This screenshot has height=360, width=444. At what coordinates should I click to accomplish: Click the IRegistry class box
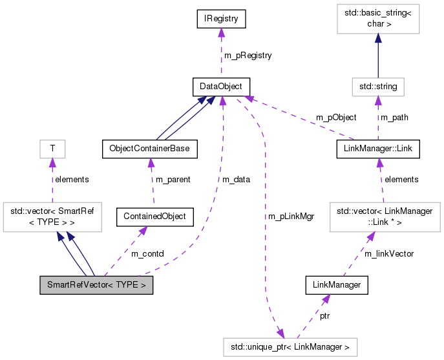coord(221,19)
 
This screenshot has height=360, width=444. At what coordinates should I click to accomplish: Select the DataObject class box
coord(221,85)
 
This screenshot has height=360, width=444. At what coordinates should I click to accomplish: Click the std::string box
coord(378,85)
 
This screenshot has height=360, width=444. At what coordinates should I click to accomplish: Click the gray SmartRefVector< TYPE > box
coord(96,285)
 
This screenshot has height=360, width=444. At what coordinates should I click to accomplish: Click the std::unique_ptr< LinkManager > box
coord(290,347)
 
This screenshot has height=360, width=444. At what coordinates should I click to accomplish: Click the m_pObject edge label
coord(335,117)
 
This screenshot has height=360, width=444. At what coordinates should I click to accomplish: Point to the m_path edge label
coord(394,117)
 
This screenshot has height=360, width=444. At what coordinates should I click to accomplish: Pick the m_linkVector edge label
coord(389,253)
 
